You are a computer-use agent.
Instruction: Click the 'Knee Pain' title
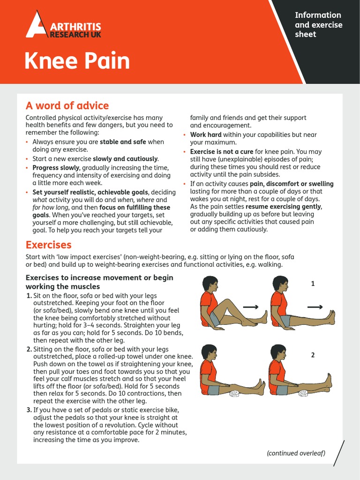coord(77,61)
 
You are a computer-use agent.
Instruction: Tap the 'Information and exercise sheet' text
coord(318,24)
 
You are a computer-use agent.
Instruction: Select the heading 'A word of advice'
coord(67,105)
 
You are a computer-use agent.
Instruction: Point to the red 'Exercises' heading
coord(48,245)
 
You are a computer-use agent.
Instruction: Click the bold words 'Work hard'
coord(204,135)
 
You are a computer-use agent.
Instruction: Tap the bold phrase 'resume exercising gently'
coord(284,207)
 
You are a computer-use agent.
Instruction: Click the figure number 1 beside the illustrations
coord(313,284)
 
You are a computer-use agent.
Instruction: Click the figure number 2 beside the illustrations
coord(313,355)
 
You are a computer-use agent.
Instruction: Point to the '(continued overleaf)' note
coord(296,452)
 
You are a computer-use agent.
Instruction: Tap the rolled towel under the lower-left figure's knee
coord(234,394)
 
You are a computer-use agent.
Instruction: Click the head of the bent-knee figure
coord(209,284)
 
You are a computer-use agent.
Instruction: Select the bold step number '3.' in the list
coord(29,410)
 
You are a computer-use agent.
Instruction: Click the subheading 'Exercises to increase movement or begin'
coord(99,278)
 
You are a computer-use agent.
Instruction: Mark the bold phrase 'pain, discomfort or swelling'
coord(292,184)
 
